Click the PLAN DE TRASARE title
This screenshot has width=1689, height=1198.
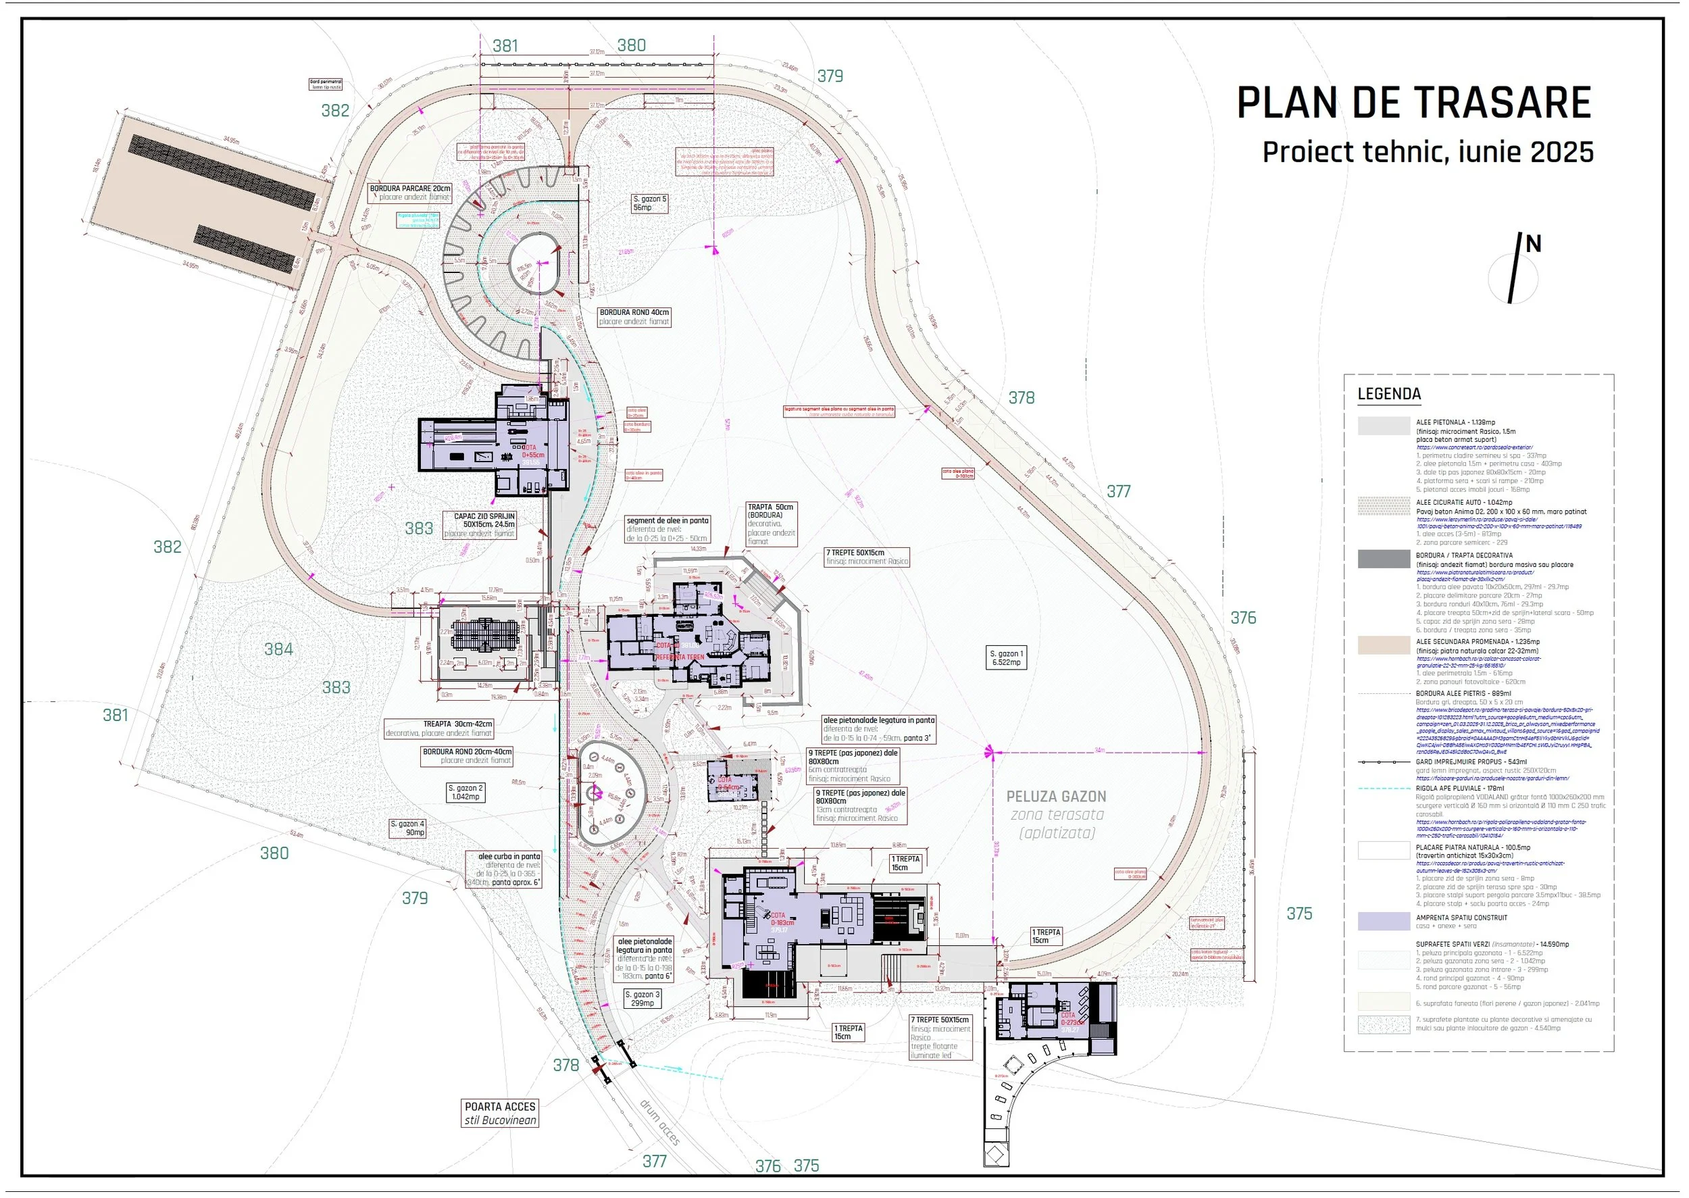coord(1413,103)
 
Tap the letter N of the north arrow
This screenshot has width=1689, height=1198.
coord(1534,244)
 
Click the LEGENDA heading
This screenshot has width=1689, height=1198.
coord(1389,394)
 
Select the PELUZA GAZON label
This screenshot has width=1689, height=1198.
coord(1056,797)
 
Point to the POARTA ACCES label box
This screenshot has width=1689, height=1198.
coord(500,1113)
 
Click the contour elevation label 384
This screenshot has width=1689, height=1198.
coord(278,649)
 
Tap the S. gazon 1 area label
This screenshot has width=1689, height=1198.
coord(1006,658)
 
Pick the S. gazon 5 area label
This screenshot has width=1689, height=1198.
coord(649,203)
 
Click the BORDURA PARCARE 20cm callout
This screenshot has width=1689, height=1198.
coord(410,193)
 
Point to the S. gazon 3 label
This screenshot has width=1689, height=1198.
coord(642,999)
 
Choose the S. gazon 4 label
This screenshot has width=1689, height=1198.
coord(407,828)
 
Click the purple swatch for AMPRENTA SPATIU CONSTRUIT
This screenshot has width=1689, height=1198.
coord(1384,922)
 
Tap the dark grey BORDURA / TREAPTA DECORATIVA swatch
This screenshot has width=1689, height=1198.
coord(1384,559)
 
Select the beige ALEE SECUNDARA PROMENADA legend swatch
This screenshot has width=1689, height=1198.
coord(1384,645)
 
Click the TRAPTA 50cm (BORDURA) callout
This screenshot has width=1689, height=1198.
coord(771,524)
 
